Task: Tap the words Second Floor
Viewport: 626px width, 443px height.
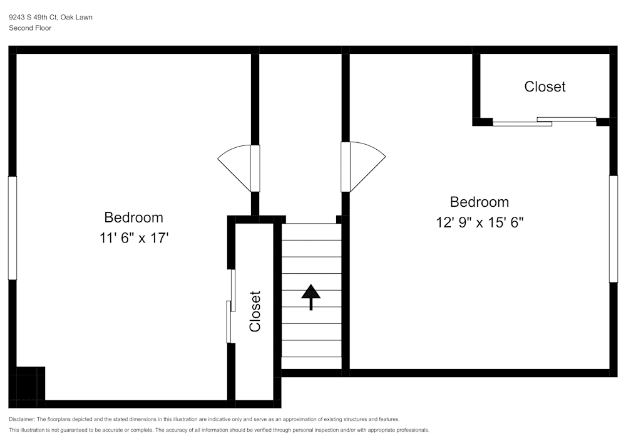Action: coord(30,28)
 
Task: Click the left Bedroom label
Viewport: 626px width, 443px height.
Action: coord(133,217)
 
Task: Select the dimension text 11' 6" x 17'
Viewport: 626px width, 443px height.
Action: coord(133,238)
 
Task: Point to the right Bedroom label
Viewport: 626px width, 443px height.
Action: coord(480,202)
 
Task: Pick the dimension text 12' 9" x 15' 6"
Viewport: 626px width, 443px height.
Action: coord(480,222)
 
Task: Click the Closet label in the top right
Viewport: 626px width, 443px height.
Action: coord(545,86)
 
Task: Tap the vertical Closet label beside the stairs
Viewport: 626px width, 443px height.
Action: coord(255,311)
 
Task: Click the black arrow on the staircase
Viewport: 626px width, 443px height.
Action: coord(310,296)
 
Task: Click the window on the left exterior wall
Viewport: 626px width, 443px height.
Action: coord(12,227)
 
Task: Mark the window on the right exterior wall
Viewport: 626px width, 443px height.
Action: coord(613,229)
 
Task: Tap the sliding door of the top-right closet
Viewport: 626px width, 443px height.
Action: coord(544,121)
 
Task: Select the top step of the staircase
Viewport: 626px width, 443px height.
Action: coord(311,232)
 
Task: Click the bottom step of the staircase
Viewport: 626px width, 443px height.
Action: coord(311,363)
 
